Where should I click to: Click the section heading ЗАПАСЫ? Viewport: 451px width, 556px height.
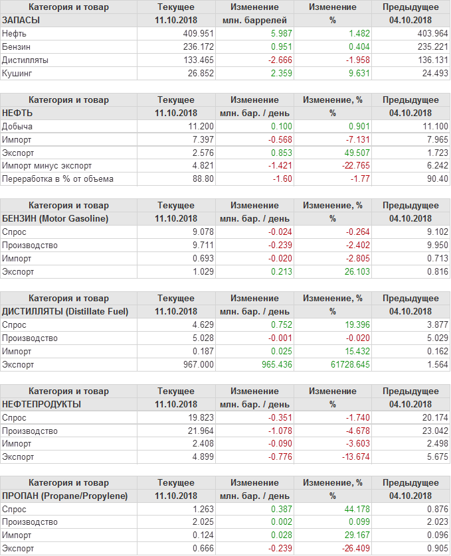[x=21, y=20]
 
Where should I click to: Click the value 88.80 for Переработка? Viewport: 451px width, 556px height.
[x=201, y=179]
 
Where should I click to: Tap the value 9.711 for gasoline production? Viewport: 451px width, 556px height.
[x=201, y=245]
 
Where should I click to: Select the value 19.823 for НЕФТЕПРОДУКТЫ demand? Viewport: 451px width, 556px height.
[x=200, y=417]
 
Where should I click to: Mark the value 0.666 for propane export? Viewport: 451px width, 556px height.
[x=201, y=549]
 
